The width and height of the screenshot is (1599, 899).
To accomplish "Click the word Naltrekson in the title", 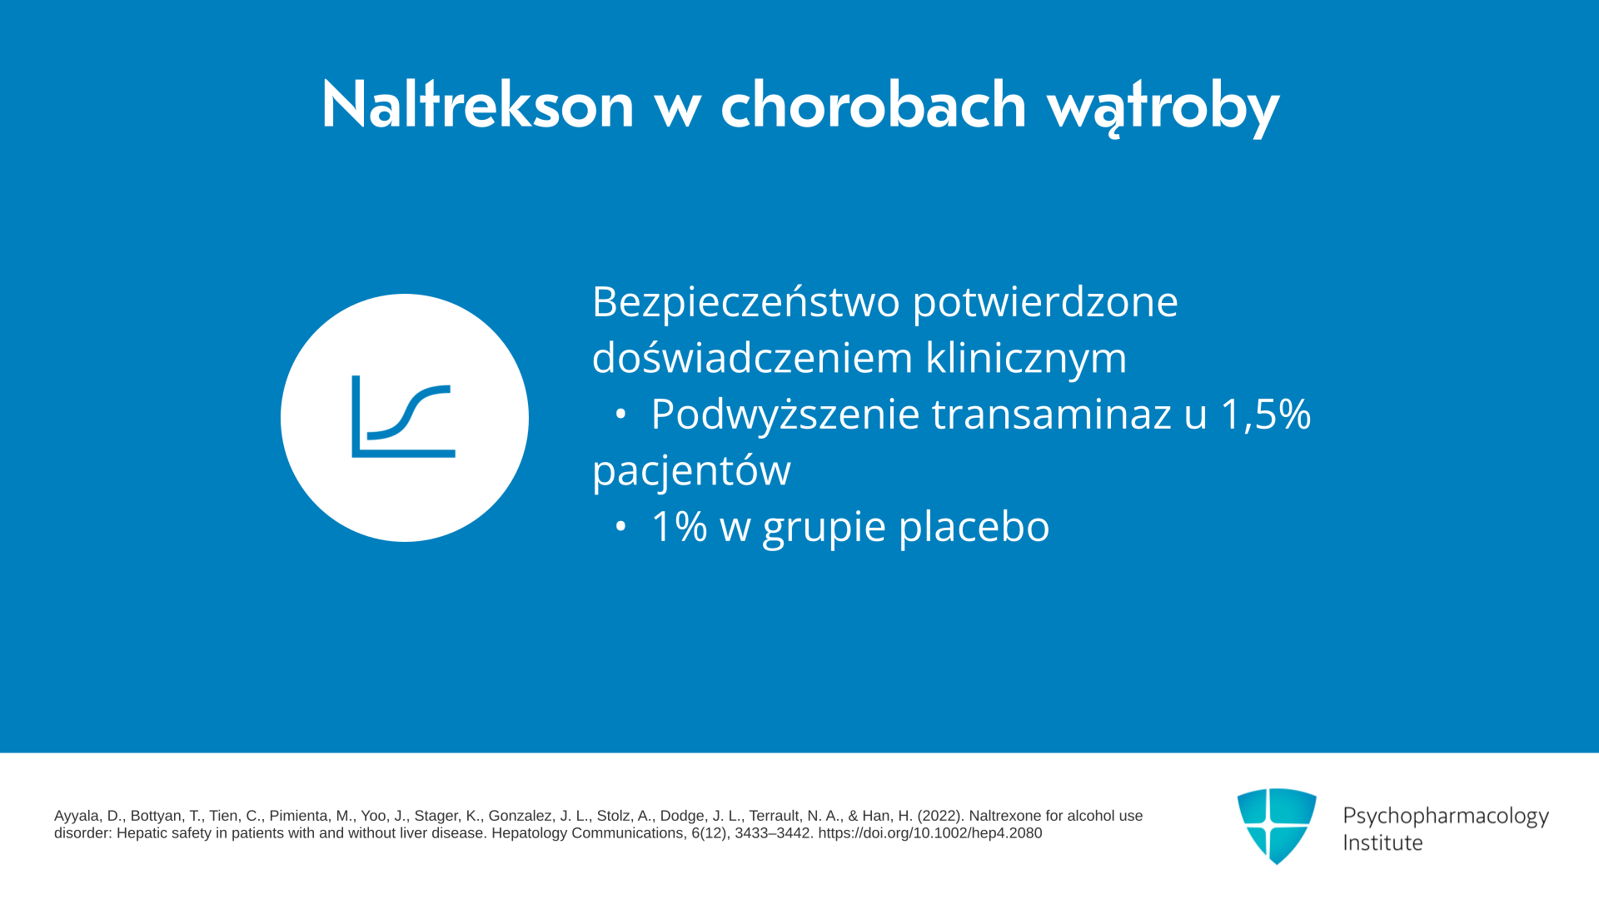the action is [478, 105].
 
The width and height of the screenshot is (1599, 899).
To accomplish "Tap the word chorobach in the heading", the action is [874, 105].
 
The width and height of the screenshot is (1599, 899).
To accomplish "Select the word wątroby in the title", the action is [1163, 108].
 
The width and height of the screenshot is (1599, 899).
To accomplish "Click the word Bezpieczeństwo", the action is [745, 300].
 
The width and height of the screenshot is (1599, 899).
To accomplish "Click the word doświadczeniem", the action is [752, 358].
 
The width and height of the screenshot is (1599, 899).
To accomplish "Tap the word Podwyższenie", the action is [785, 415].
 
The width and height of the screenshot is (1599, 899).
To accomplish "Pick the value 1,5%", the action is [1266, 415].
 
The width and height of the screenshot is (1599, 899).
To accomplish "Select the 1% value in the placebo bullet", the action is [680, 526].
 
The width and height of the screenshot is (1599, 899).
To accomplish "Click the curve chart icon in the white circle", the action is [404, 416].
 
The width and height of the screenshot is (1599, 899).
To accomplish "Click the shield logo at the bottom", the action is [1277, 826].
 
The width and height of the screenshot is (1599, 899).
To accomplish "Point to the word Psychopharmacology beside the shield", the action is [1446, 817].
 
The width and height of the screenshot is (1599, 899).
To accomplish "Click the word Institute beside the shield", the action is [1382, 842].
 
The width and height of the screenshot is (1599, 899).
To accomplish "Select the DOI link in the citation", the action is [929, 833].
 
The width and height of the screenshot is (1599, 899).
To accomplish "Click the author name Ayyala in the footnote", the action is [77, 817].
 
